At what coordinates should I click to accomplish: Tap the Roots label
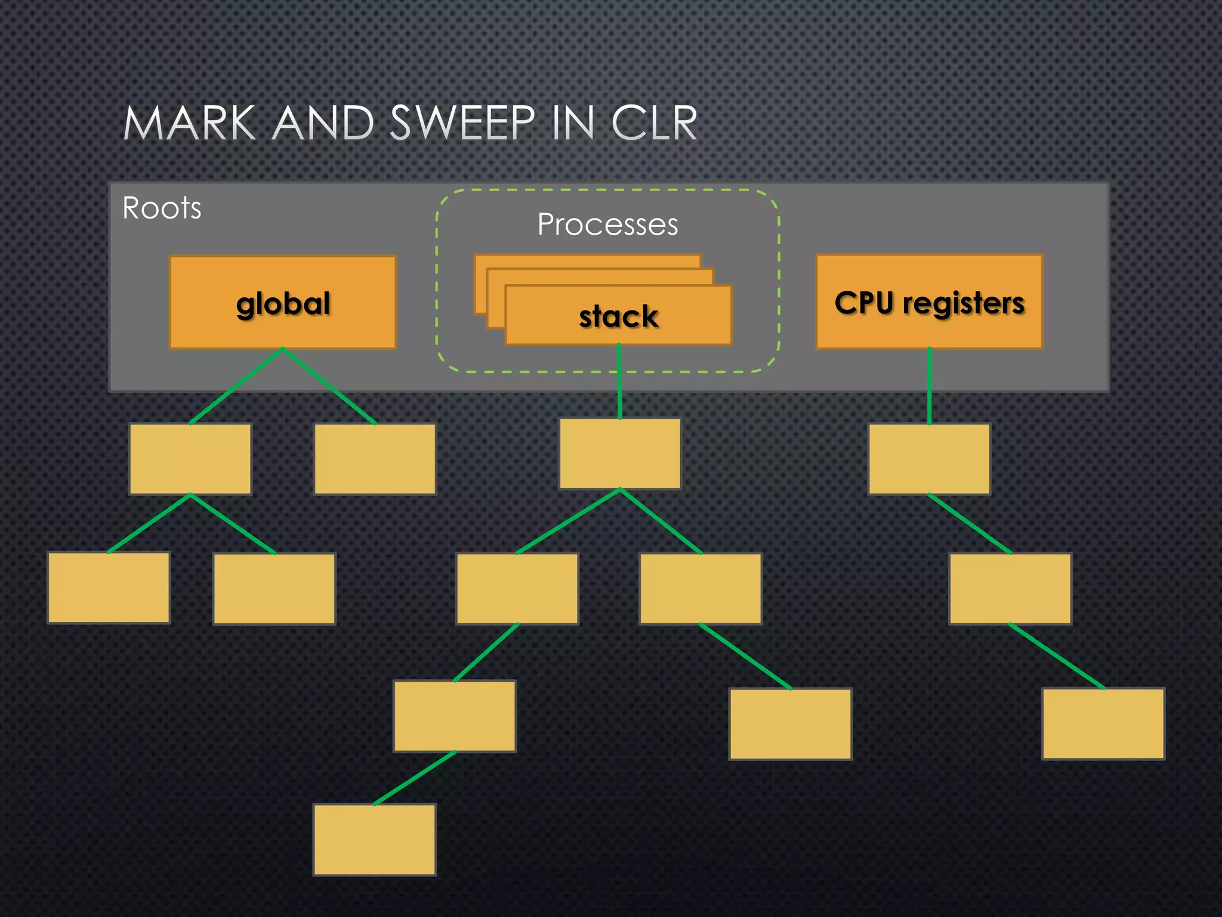coord(162,208)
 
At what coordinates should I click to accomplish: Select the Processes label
coord(607,224)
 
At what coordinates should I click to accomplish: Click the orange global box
coord(283,303)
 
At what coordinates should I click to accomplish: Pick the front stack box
coord(618,316)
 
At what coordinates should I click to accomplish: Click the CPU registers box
coord(929,302)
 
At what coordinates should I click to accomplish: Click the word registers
coord(963,303)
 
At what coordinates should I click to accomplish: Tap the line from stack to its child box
coord(619,382)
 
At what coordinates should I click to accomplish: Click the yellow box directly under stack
coord(620,454)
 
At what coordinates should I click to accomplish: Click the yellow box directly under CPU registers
coord(929,459)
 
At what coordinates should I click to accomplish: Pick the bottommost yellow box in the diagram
coord(374,839)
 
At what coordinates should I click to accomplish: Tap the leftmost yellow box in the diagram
coord(109,587)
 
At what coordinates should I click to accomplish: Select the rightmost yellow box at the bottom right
coord(1103,724)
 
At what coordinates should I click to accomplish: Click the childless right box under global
coord(375,459)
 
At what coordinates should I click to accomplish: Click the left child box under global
coord(190,459)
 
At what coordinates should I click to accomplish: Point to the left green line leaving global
coord(237,386)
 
